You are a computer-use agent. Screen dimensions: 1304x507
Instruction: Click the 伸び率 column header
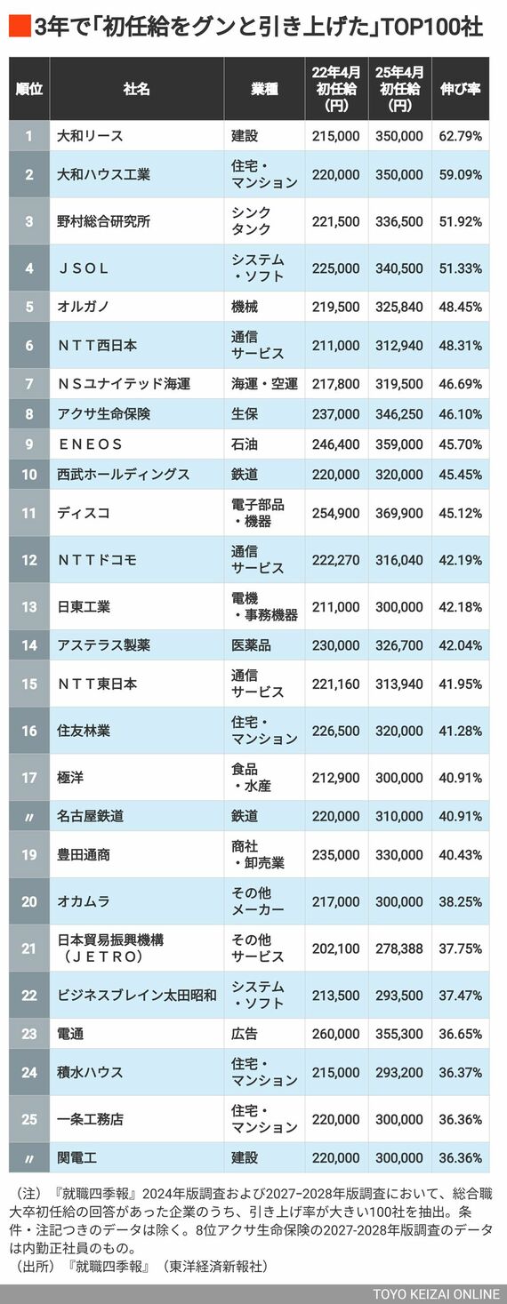pos(460,89)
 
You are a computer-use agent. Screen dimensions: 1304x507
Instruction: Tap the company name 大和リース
pos(90,136)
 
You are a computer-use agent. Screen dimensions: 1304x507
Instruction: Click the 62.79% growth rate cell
pos(460,136)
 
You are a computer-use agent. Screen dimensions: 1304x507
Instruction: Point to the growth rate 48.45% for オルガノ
pos(460,307)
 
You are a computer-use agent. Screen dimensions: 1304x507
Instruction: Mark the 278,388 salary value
pos(400,948)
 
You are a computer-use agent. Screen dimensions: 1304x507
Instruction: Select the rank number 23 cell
pos(29,1034)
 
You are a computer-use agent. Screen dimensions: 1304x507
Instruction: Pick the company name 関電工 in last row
pos(76,1158)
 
